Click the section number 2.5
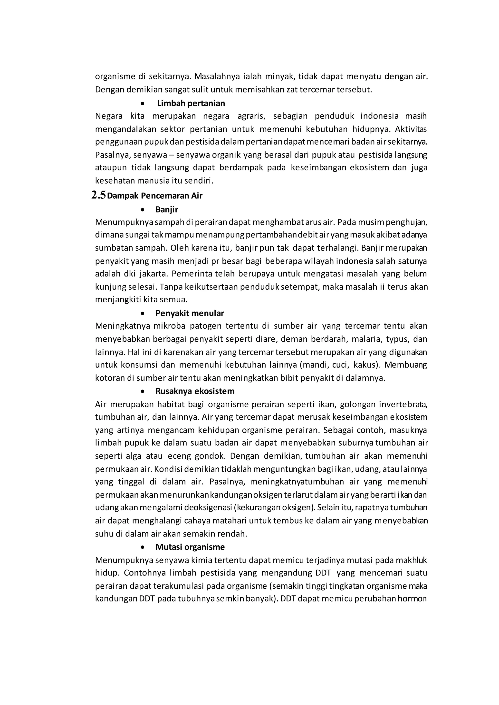pos(99,195)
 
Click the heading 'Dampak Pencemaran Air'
pos(155,196)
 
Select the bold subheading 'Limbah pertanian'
pos(191,103)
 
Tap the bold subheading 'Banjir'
pos(167,210)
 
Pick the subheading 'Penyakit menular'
pos(190,313)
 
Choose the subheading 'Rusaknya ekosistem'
pos(195,391)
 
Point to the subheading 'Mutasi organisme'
pos(190,547)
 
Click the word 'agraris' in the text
pos(251,116)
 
